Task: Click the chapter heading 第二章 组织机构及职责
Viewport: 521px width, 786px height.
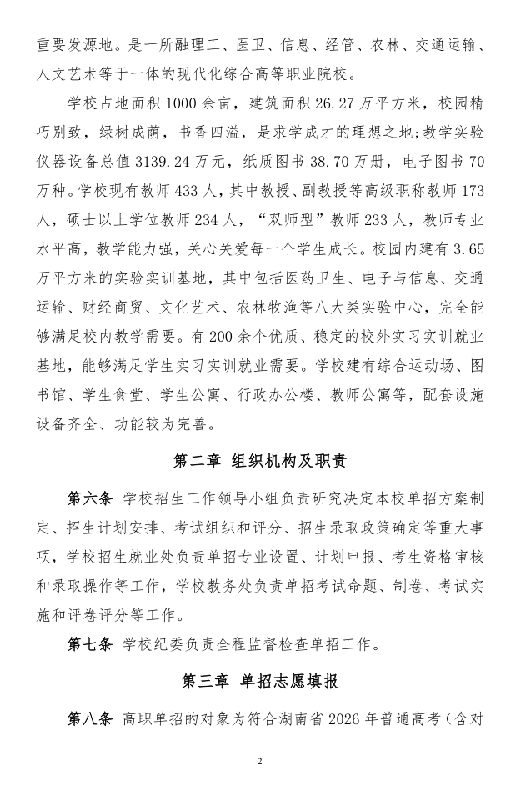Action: (260, 461)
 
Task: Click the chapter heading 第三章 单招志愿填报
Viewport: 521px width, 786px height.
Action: (260, 681)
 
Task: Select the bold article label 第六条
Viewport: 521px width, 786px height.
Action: (89, 498)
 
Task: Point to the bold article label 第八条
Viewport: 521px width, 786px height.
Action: (89, 718)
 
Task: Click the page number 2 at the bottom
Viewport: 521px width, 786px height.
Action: (260, 762)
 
